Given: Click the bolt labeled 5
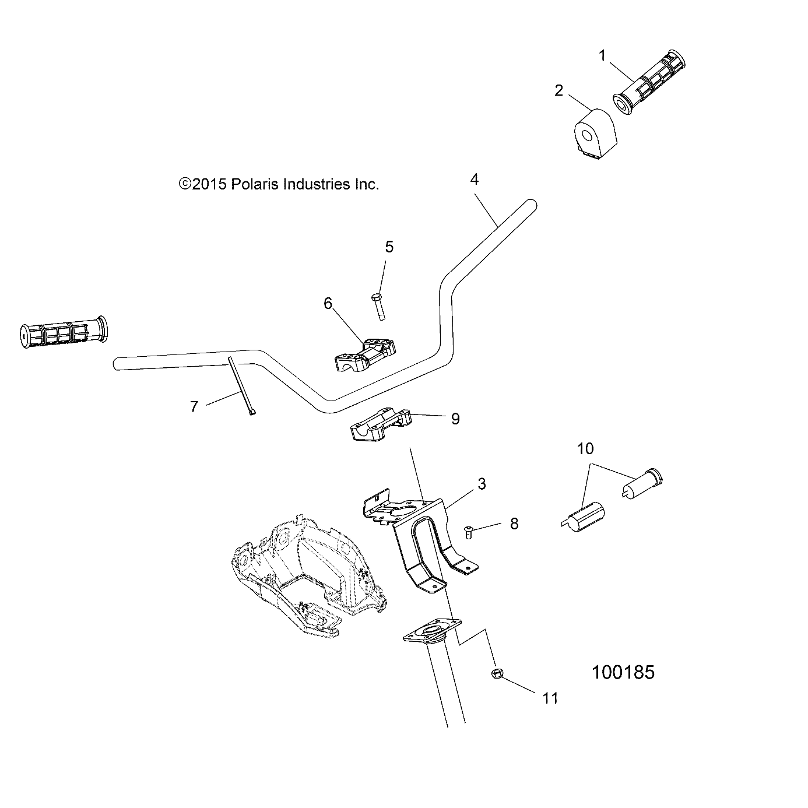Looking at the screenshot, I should click(378, 306).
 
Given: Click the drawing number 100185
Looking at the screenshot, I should click(623, 672).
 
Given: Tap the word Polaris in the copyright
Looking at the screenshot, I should click(254, 184).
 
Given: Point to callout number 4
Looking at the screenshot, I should click(475, 180).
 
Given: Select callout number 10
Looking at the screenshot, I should click(585, 448).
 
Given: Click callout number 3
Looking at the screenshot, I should click(482, 484).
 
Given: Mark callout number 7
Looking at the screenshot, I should click(194, 406).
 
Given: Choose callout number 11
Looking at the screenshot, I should click(550, 698).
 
